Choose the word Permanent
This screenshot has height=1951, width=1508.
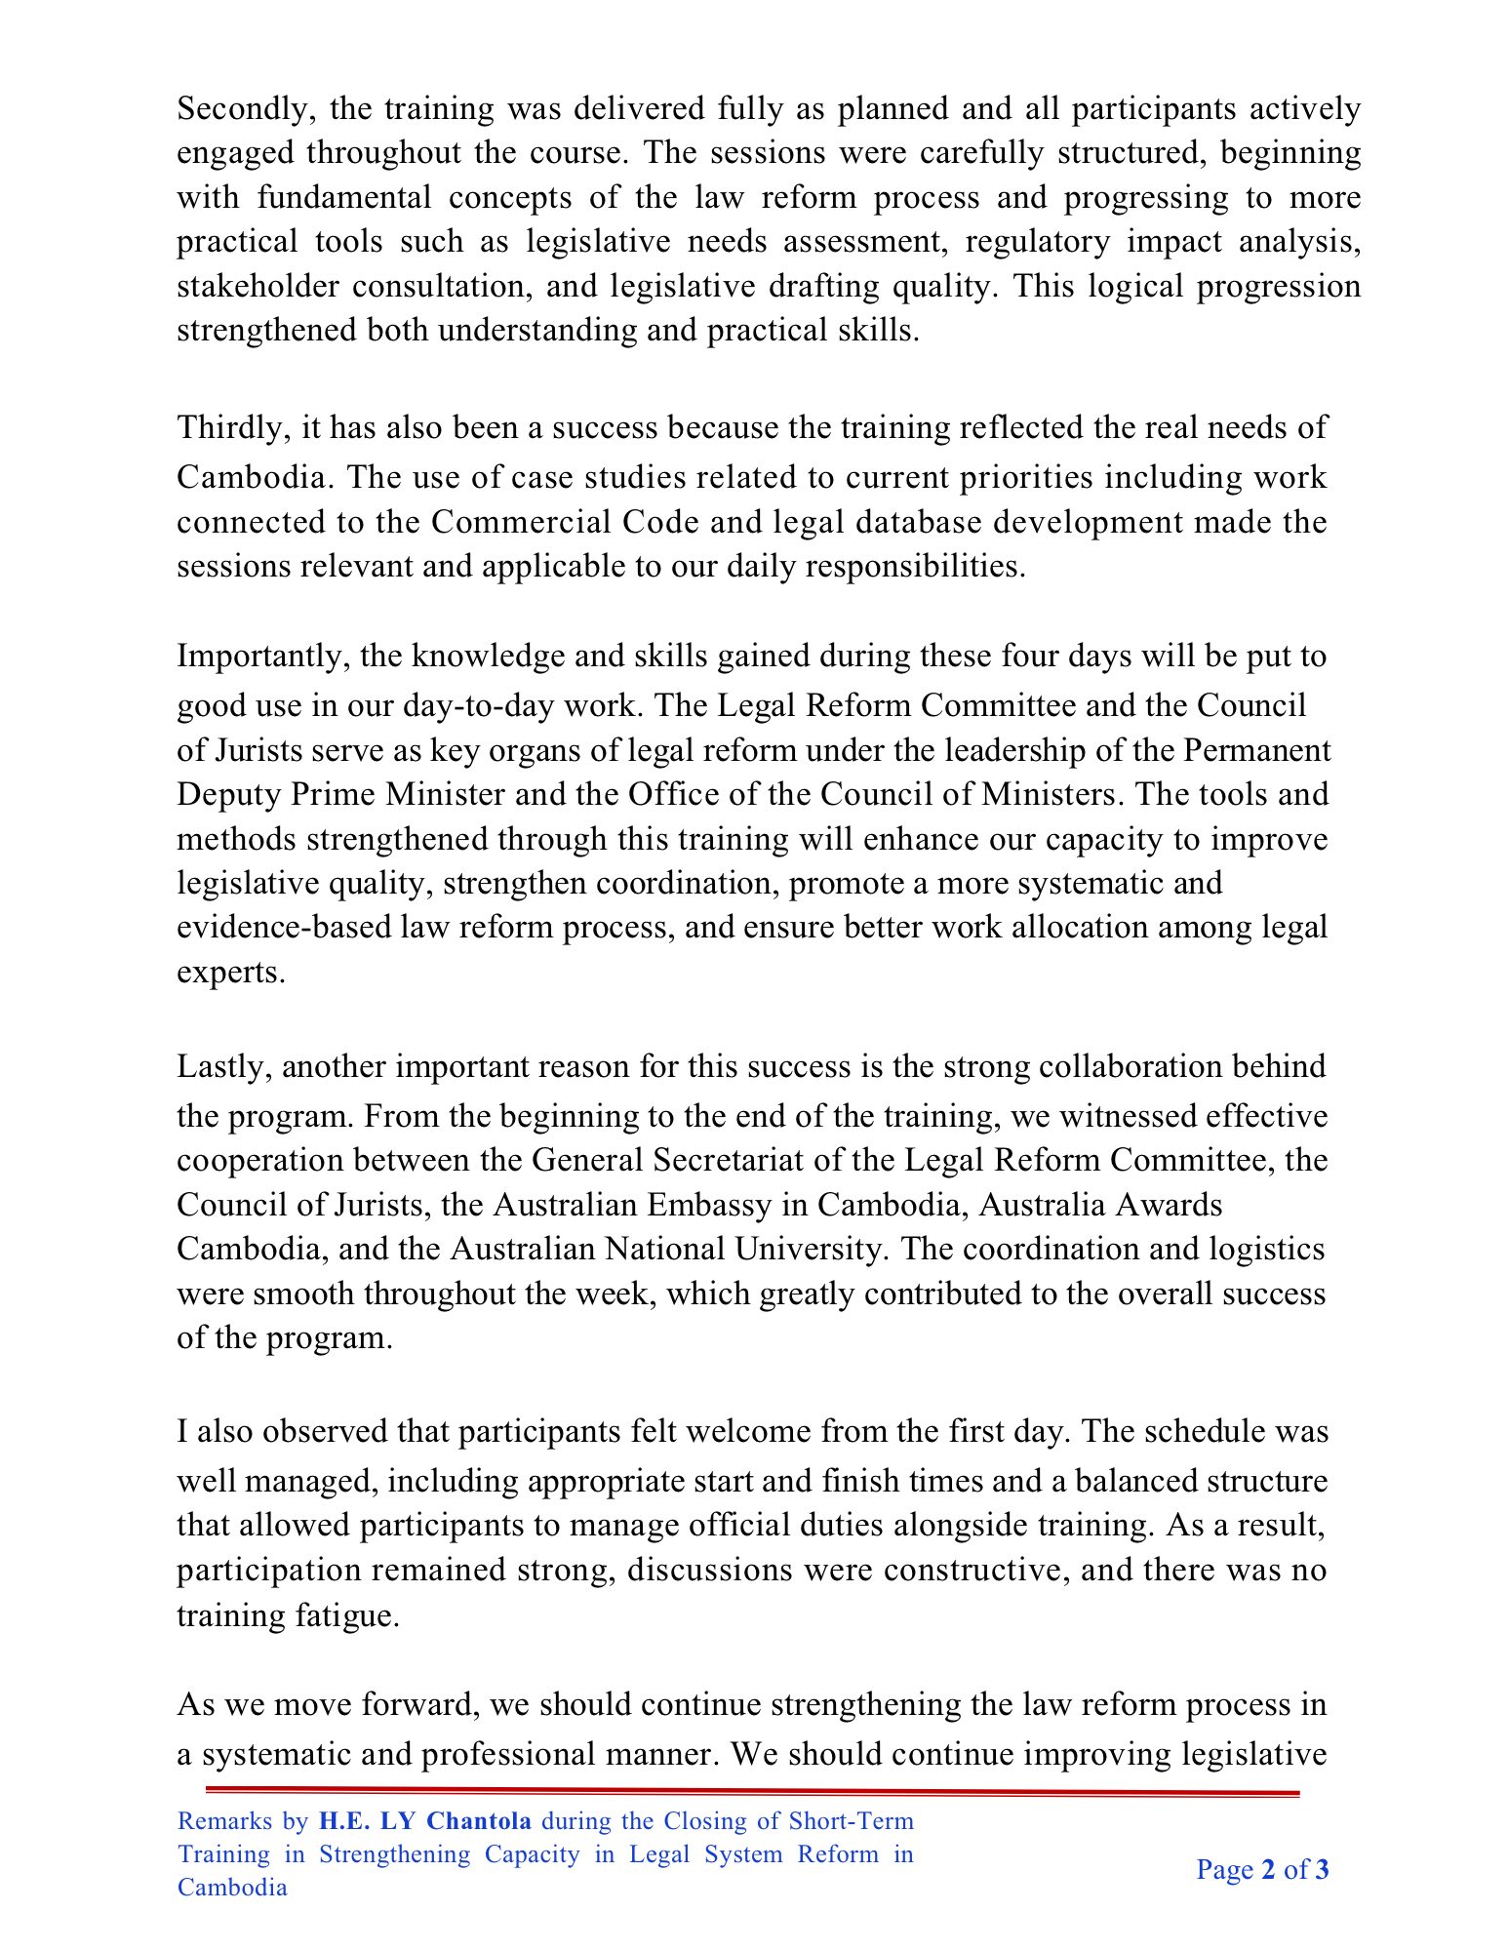(x=1257, y=750)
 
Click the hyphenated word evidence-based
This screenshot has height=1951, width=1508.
(x=284, y=927)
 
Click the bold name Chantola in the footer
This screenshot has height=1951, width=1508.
(x=479, y=1821)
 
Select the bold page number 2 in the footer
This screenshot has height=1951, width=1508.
(x=1268, y=1870)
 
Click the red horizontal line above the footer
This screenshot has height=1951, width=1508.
(x=752, y=1792)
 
